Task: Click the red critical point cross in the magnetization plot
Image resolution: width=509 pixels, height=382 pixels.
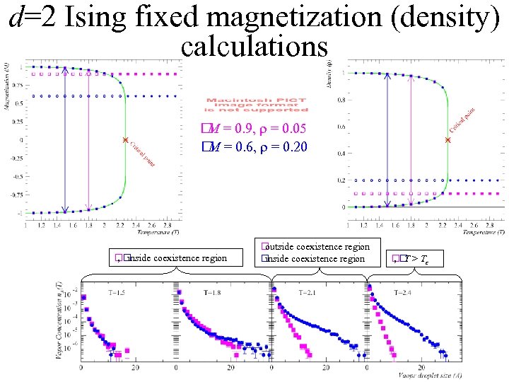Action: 125,140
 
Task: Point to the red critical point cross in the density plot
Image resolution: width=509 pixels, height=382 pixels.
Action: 447,141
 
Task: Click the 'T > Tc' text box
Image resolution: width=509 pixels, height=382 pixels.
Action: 410,258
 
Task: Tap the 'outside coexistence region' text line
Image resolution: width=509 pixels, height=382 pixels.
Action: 317,247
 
